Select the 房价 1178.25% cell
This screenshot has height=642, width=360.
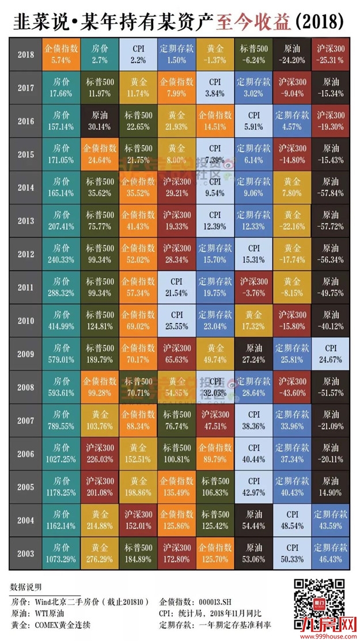pyautogui.click(x=61, y=488)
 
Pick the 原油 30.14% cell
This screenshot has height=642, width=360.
pyautogui.click(x=99, y=121)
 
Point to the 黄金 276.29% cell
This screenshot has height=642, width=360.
pyautogui.click(x=99, y=554)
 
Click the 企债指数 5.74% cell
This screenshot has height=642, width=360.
pyautogui.click(x=61, y=55)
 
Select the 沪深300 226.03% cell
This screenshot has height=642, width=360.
pyautogui.click(x=99, y=454)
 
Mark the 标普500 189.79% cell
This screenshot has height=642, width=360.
pyautogui.click(x=99, y=354)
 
